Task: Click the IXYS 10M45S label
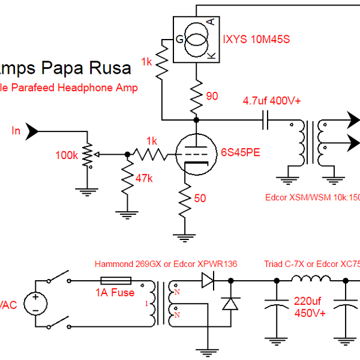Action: point(257,40)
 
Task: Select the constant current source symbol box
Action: point(196,40)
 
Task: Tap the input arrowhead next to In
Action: point(34,131)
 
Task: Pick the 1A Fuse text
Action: point(116,293)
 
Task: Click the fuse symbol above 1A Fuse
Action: point(116,280)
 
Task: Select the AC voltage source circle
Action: point(35,303)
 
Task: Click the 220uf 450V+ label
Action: point(309,307)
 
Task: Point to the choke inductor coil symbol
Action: point(311,278)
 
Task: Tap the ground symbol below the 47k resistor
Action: point(127,213)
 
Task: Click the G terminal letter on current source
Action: point(179,40)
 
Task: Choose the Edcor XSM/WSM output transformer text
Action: point(312,197)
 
